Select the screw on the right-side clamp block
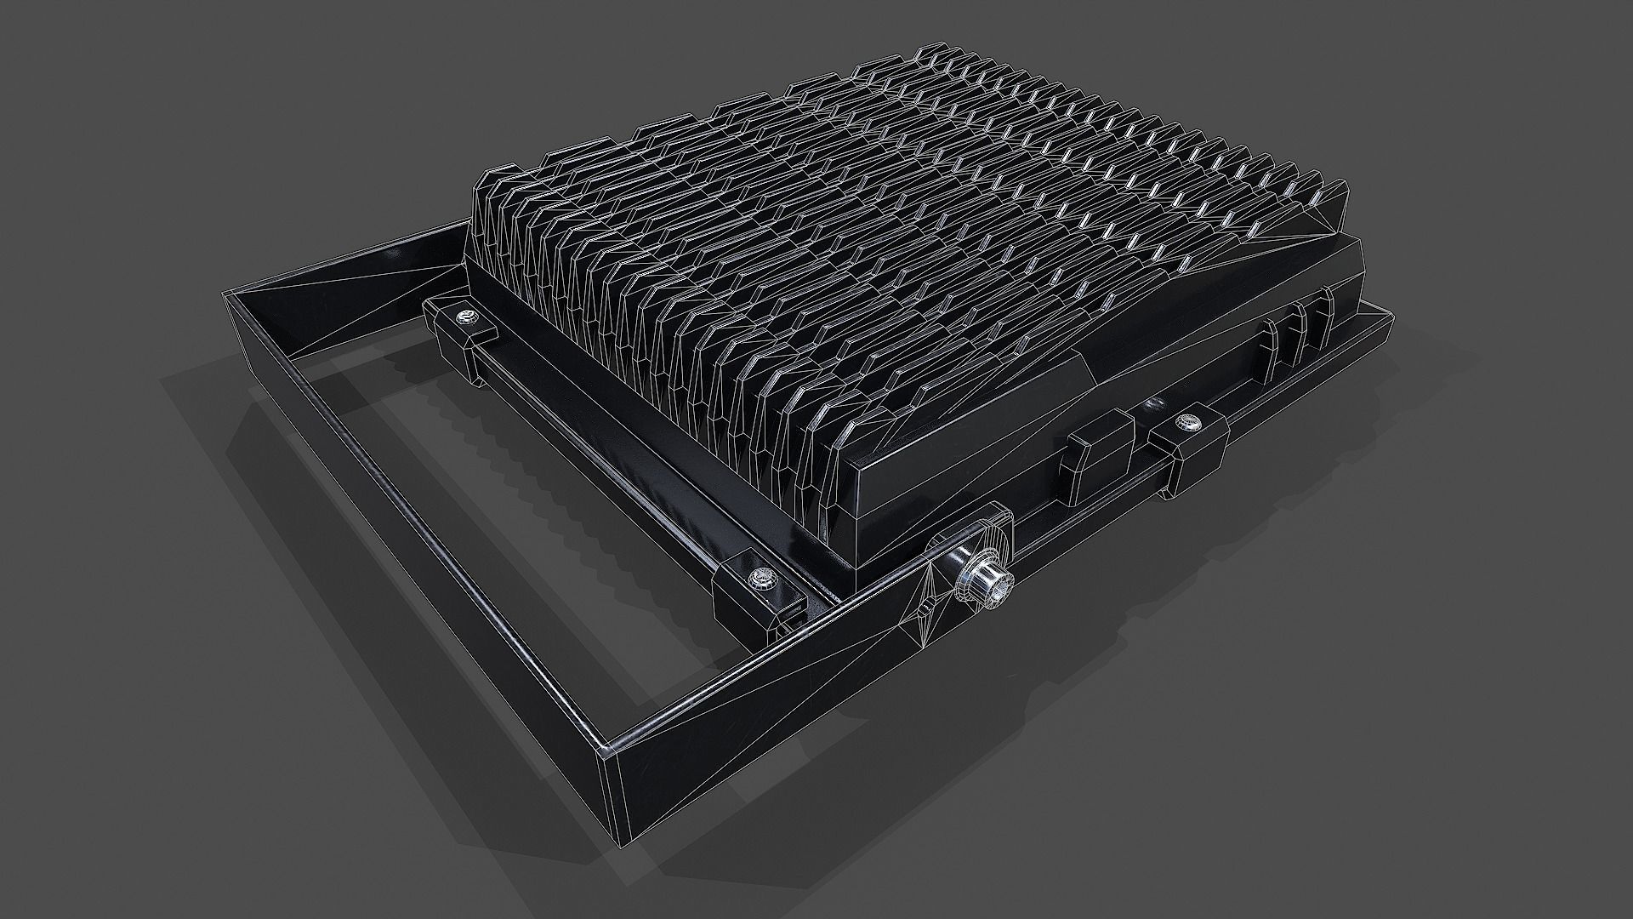[x=1184, y=421]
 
